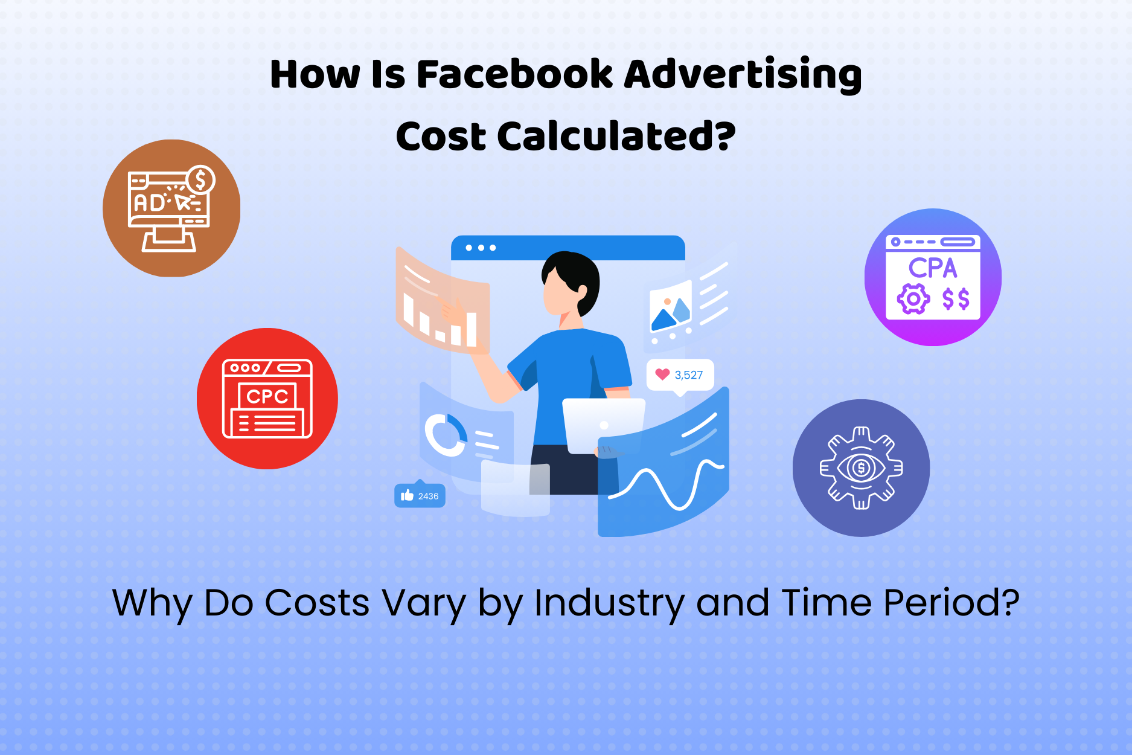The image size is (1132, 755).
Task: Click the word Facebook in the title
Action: pyautogui.click(x=514, y=74)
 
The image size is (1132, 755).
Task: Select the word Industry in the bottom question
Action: pyautogui.click(x=609, y=603)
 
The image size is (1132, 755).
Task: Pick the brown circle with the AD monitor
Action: pyautogui.click(x=171, y=208)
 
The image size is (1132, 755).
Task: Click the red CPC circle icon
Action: pyautogui.click(x=267, y=399)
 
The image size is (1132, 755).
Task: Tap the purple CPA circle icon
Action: pyautogui.click(x=933, y=277)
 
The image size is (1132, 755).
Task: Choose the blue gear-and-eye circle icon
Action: pyautogui.click(x=861, y=468)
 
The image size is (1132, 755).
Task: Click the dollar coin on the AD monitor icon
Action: pyautogui.click(x=200, y=180)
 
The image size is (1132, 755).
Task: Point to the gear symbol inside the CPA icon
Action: pyautogui.click(x=913, y=299)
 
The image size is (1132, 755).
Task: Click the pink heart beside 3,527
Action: pyautogui.click(x=662, y=374)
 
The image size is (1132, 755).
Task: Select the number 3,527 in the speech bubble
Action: pyautogui.click(x=689, y=375)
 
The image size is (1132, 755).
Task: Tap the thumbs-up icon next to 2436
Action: pyautogui.click(x=408, y=496)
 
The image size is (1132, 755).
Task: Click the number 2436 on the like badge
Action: pyautogui.click(x=428, y=496)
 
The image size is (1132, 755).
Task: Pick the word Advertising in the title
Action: pyautogui.click(x=743, y=74)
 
